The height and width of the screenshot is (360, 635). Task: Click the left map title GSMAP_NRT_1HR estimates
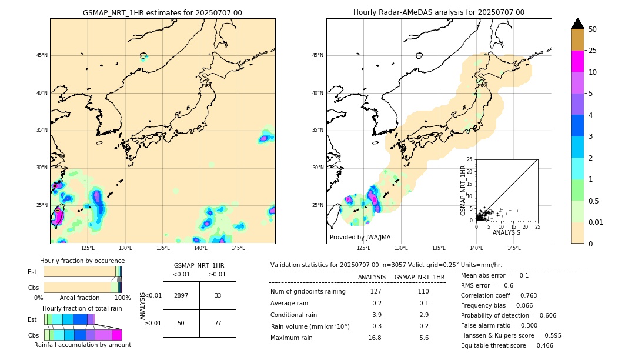[162, 12]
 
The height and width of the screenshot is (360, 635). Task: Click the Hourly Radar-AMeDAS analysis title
[439, 12]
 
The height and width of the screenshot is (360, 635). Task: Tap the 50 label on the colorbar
[593, 29]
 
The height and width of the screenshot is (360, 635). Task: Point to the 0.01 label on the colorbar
[596, 222]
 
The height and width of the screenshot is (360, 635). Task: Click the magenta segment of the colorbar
[578, 61]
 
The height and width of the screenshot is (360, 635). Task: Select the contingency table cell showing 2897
[181, 295]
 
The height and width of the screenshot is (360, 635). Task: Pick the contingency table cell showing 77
[218, 323]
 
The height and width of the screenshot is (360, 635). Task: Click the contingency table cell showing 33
[218, 295]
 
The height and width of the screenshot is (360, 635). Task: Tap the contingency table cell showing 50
[181, 323]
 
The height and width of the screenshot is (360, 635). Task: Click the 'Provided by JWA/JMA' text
[360, 237]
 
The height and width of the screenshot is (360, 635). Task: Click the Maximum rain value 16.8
[375, 338]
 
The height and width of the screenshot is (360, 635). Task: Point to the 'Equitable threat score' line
[507, 345]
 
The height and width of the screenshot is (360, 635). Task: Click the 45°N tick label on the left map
[42, 55]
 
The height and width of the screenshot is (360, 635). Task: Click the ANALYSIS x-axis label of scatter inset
[506, 232]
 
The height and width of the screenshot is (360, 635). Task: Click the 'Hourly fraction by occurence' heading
[82, 261]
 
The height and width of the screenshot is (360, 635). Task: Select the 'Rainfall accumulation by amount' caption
[82, 345]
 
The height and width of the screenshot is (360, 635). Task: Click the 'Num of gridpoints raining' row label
[308, 291]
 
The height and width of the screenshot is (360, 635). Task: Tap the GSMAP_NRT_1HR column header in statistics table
[419, 277]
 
